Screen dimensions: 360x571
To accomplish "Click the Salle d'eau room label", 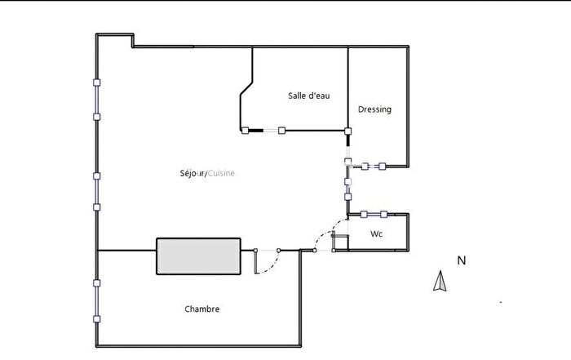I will click(308, 96).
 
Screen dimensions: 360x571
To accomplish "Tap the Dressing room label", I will click(374, 109).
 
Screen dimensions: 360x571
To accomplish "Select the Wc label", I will click(376, 233).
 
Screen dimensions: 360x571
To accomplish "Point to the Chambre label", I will click(201, 309).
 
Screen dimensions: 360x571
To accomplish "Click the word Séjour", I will click(193, 173).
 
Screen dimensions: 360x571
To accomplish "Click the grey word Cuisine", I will click(222, 173).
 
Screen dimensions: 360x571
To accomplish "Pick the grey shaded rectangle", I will click(198, 256).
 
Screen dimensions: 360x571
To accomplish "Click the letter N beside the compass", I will click(461, 261).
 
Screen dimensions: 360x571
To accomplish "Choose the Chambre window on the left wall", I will click(96, 300).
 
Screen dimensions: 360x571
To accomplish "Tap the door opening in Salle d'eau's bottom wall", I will click(263, 130).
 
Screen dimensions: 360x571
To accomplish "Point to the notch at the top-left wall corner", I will click(132, 40).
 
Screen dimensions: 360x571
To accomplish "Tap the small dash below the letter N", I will click(501, 302).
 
